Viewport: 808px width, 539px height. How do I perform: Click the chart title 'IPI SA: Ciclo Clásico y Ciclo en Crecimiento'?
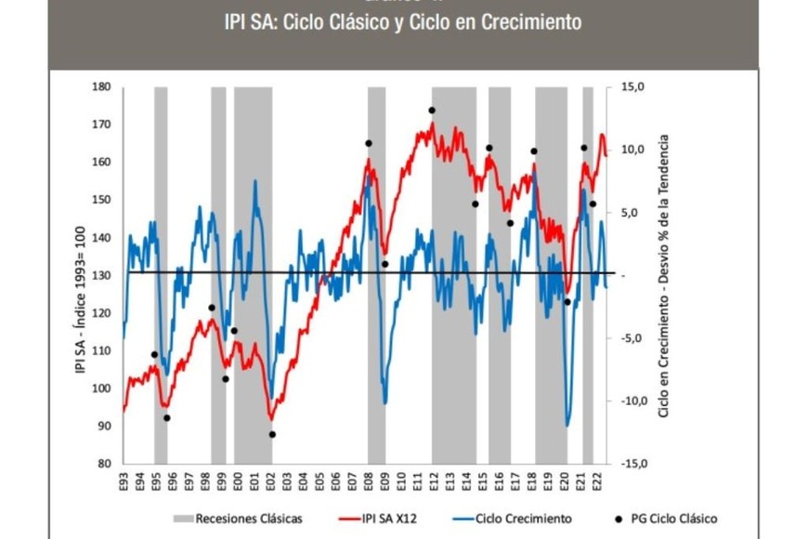click(402, 21)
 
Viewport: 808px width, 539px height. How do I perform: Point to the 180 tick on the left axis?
click(100, 87)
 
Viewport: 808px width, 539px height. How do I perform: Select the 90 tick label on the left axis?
click(103, 427)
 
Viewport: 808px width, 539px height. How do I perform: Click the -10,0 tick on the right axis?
click(626, 401)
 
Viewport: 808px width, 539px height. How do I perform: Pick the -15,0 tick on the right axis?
click(626, 464)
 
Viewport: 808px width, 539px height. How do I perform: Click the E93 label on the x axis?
click(124, 481)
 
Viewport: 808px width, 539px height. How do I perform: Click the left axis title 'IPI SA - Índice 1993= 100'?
click(81, 276)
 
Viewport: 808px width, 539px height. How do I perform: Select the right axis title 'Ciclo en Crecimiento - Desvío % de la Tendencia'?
click(663, 276)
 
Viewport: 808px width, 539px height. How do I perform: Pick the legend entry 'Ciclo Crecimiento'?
click(520, 519)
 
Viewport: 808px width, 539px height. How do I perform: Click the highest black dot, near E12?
click(432, 111)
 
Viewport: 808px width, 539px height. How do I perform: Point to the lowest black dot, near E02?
click(272, 434)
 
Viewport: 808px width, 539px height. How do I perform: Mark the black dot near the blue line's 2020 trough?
click(567, 302)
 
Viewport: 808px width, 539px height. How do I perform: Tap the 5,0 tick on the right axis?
click(630, 213)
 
